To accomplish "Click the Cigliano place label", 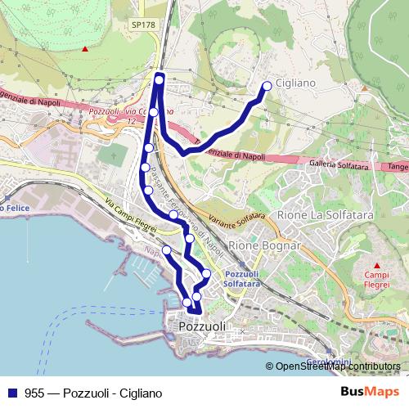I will pos(295,84).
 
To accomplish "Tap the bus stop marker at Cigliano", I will pos(267,85).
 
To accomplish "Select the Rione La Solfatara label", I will pos(314,214).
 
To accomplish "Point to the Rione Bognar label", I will pos(266,245).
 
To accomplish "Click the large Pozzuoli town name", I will pos(201,326).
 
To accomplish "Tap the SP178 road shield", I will pos(142,25).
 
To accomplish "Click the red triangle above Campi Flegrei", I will pos(377,265).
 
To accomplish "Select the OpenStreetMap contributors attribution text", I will pos(337,366).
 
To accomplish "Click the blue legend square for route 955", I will pos(10,393).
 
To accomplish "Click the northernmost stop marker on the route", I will pos(160,79).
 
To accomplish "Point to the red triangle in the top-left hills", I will pos(84,48).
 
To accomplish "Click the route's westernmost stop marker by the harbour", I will pos(166,249).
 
